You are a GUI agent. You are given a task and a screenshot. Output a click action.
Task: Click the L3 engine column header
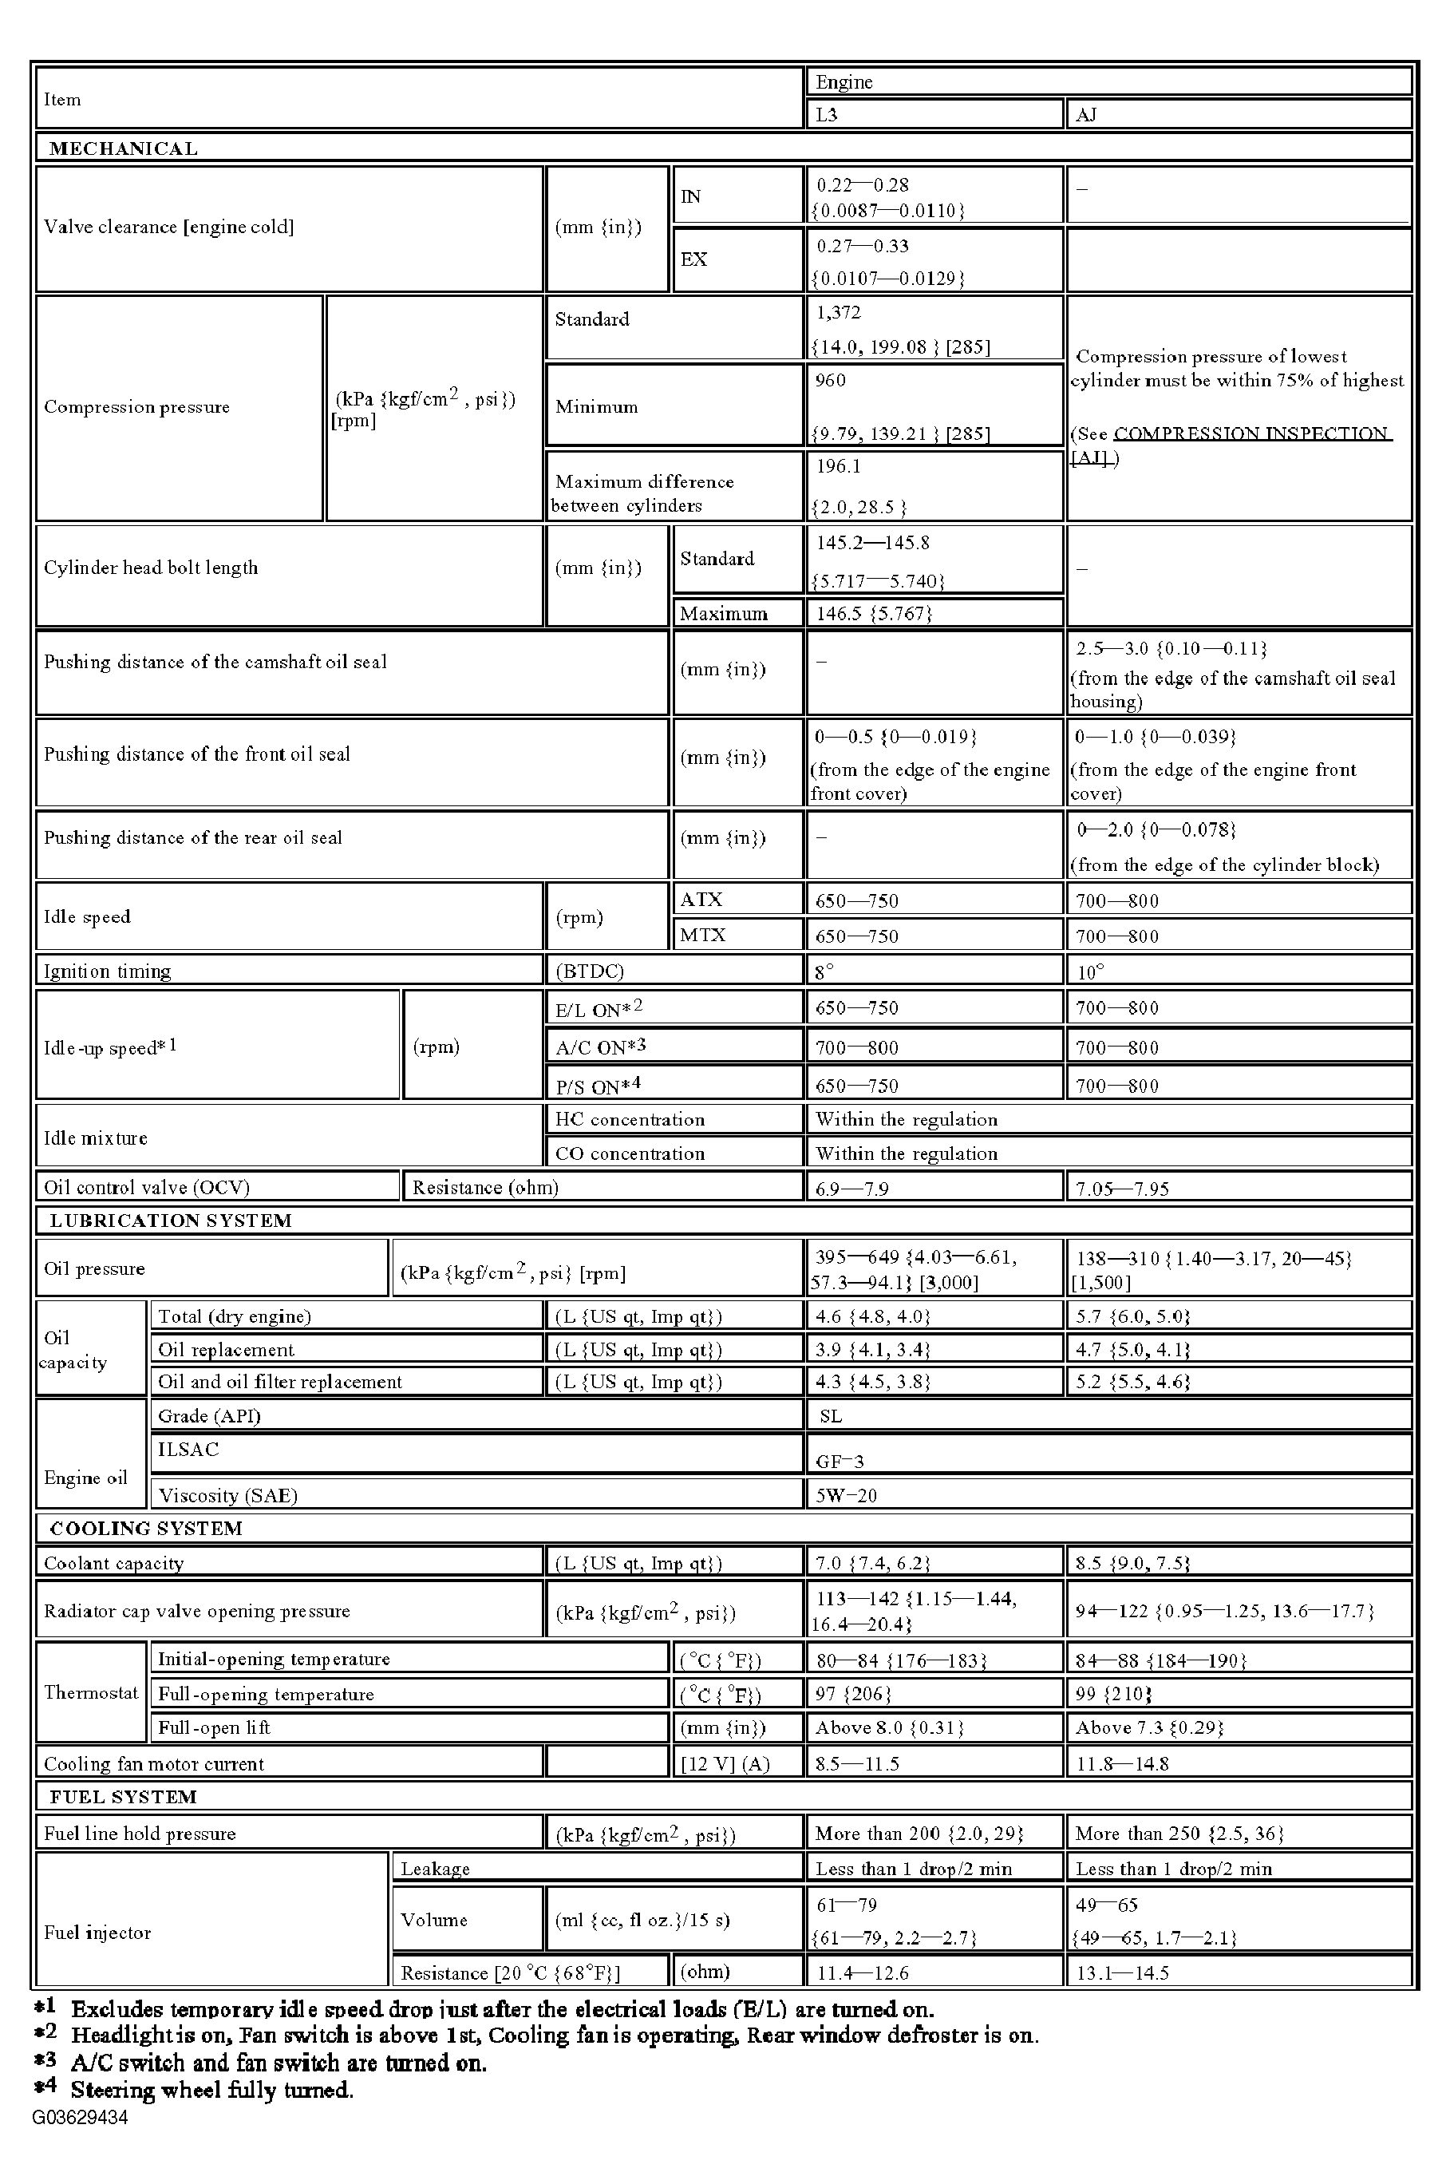[827, 115]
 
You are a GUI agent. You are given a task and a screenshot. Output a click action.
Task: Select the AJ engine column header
[1087, 115]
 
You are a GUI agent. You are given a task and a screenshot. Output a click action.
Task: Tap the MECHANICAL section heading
[123, 148]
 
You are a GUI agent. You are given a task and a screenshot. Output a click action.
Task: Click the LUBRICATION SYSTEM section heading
[170, 1220]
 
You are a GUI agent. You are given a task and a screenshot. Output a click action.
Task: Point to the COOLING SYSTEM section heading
[145, 1528]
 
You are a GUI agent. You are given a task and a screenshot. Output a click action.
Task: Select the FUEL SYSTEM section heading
[123, 1796]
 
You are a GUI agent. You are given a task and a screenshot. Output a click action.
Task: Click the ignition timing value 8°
[824, 971]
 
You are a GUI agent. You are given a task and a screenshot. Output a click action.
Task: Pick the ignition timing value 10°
[1089, 971]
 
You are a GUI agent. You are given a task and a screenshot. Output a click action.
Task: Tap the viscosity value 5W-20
[845, 1495]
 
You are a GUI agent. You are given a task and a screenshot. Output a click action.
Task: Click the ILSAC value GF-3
[839, 1462]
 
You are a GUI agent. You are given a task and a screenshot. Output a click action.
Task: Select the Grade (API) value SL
[831, 1415]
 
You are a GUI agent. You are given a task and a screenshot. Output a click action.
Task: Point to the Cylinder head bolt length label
[151, 568]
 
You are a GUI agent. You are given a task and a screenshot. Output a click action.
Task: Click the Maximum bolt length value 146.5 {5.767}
[874, 613]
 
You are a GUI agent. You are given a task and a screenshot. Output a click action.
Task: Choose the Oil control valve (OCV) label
[146, 1187]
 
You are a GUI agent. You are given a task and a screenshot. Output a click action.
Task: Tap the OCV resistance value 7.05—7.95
[1122, 1189]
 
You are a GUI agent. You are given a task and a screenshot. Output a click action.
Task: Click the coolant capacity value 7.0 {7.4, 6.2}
[872, 1563]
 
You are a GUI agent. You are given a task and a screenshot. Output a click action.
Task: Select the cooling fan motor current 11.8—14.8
[1122, 1763]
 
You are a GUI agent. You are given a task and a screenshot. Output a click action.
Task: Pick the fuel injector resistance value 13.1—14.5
[1122, 1972]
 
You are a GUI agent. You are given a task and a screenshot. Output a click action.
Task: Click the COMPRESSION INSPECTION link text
[1251, 433]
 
